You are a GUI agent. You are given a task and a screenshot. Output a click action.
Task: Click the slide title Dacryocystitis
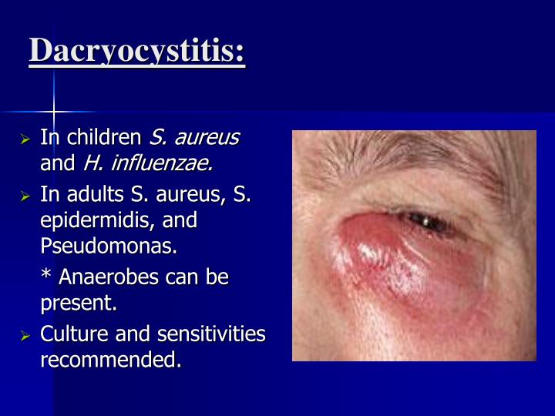[137, 52]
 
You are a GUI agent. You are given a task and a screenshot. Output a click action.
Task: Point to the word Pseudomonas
[108, 247]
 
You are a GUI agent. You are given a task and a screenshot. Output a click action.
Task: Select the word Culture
[70, 334]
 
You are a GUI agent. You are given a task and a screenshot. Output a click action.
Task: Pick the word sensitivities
[214, 334]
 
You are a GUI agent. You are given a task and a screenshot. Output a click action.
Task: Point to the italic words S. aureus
[194, 138]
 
